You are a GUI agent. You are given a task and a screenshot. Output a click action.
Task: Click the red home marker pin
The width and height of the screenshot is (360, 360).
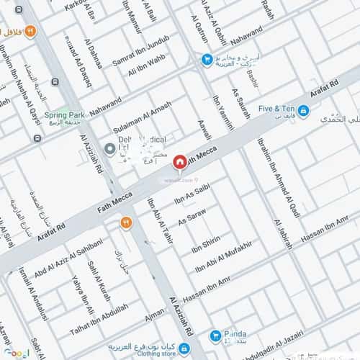pyautogui.click(x=180, y=162)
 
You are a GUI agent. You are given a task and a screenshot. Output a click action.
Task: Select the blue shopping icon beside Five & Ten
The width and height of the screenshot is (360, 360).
pyautogui.click(x=304, y=110)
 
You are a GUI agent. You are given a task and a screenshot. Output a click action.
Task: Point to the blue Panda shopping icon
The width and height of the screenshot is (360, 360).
pyautogui.click(x=215, y=336)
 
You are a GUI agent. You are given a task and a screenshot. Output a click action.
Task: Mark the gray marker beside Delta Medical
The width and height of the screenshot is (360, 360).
pyautogui.click(x=109, y=149)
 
